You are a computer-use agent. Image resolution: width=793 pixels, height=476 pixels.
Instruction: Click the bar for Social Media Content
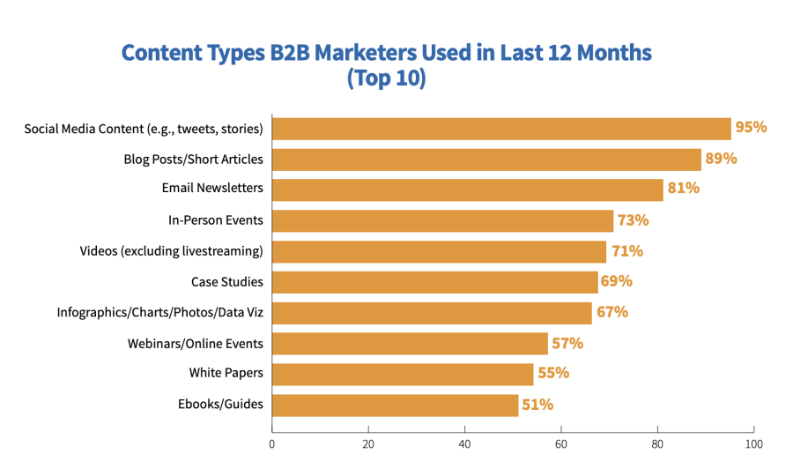501,129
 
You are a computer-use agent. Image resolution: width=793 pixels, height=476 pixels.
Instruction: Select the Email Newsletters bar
467,190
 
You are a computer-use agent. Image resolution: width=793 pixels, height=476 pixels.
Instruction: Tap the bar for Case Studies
434,282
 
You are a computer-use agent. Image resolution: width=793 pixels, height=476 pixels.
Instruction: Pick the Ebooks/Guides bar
395,405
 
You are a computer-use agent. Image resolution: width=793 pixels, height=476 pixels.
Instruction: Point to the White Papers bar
403,374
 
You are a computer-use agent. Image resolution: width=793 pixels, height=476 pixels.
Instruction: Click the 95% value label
752,127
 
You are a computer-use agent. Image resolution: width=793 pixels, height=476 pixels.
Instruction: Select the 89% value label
721,159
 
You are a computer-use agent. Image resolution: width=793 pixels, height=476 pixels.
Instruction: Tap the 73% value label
633,219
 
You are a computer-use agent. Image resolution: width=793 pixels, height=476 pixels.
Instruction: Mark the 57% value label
567,343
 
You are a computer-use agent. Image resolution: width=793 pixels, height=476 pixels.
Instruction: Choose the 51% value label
537,405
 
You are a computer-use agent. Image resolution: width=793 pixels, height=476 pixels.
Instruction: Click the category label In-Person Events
216,220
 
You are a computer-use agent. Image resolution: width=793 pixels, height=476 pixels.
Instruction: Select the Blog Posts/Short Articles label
193,160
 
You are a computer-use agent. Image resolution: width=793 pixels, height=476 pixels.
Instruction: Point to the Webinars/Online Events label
195,343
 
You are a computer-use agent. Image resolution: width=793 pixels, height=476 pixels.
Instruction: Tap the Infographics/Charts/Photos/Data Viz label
159,312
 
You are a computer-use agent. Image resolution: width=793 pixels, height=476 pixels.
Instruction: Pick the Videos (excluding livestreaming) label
171,251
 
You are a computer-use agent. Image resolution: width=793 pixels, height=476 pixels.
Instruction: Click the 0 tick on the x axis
272,445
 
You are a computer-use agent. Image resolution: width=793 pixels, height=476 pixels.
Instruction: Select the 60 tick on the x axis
561,445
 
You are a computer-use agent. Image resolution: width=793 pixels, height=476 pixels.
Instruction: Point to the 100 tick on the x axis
753,445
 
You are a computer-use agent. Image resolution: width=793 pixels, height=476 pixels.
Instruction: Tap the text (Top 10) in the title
386,78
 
